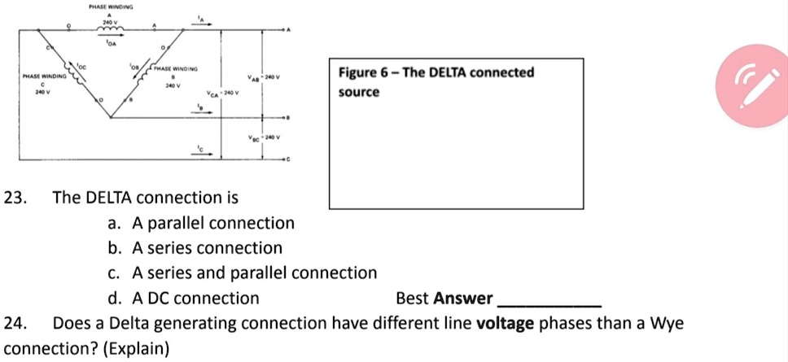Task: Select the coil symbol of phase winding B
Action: [x=149, y=72]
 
